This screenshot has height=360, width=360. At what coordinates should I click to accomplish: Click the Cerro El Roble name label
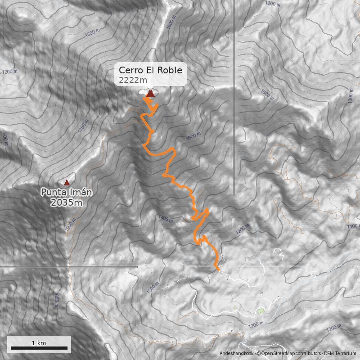150,71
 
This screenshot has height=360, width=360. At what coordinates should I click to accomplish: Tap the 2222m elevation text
133,81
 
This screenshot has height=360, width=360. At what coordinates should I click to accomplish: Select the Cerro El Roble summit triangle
150,94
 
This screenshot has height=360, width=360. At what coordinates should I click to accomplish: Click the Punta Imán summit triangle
67,182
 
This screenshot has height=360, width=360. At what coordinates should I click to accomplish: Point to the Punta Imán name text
67,193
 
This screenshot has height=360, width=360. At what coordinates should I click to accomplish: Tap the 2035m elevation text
67,202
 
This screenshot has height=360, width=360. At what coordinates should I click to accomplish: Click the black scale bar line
39,348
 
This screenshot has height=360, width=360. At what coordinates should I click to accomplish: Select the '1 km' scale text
39,343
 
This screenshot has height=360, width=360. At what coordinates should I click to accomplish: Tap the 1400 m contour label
166,219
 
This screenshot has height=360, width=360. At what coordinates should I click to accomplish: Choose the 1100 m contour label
354,227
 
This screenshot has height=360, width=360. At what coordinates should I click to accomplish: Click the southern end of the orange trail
218,270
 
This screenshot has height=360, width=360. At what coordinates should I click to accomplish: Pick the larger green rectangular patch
261,310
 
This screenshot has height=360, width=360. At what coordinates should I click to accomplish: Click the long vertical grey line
234,112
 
